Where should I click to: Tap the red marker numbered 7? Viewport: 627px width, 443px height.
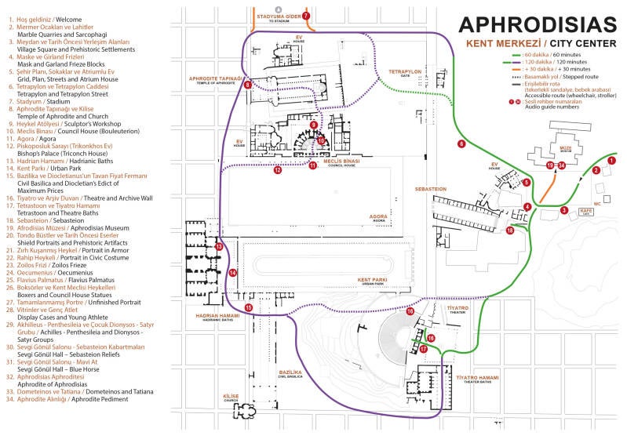click(306, 16)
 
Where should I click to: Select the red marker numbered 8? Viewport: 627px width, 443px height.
click(247, 85)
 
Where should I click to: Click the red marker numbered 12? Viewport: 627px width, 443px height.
click(277, 169)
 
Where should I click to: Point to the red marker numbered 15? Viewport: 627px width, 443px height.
click(249, 308)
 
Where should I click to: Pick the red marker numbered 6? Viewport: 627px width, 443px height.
click(461, 144)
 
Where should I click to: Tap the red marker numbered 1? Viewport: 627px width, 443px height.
click(612, 160)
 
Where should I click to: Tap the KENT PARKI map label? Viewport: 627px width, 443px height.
click(373, 279)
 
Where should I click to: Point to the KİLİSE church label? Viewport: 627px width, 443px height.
click(231, 397)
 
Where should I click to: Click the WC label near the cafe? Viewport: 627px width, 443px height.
click(596, 204)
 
